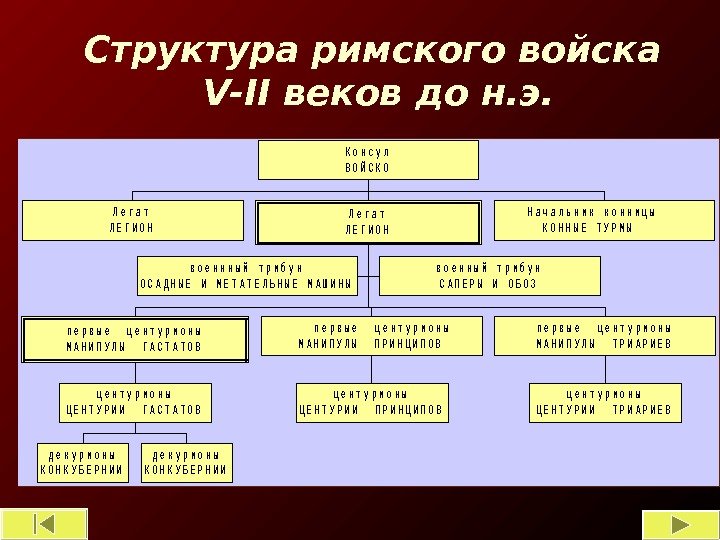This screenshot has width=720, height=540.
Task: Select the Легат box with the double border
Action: click(x=368, y=222)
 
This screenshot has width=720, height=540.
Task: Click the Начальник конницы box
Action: click(x=606, y=220)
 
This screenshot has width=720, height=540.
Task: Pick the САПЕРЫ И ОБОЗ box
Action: click(x=490, y=276)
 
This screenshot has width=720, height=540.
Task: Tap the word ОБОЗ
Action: click(x=521, y=284)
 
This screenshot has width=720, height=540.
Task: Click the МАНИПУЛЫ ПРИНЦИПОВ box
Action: click(x=371, y=336)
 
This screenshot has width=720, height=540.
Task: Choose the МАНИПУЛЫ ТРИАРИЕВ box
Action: click(x=604, y=336)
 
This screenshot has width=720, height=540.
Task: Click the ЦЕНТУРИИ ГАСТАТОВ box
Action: click(x=134, y=401)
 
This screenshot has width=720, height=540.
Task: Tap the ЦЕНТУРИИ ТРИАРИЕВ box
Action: click(x=604, y=401)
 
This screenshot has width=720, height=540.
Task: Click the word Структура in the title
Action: click(x=191, y=50)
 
